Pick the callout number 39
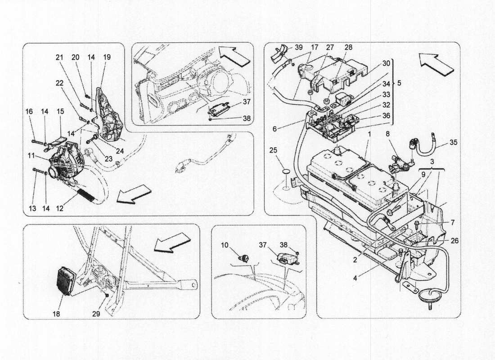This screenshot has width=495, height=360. (x=299, y=47)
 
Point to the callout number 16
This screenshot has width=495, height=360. (x=29, y=111)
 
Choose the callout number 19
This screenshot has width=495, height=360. (x=107, y=57)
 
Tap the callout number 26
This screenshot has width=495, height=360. (x=454, y=240)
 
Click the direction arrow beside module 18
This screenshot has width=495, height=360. (x=172, y=243)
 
